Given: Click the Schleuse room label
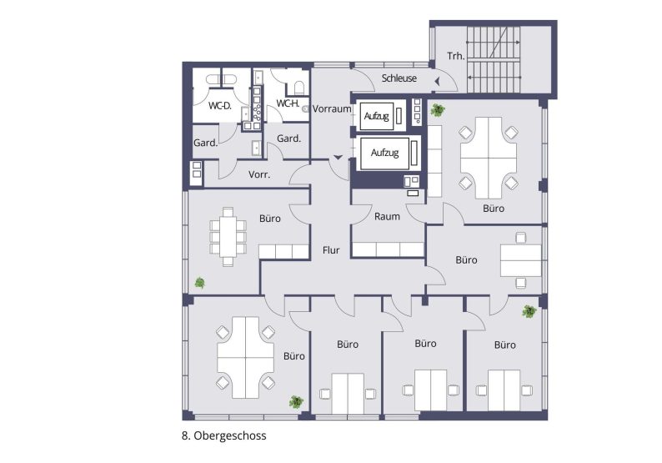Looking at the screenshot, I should (399, 78).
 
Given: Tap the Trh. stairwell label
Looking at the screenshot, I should (455, 57).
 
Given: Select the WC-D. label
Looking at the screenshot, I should (219, 106).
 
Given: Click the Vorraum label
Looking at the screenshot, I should (333, 109).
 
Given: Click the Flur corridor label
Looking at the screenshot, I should (330, 249).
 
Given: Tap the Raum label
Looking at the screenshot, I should (387, 216).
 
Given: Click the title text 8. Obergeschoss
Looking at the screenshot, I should (223, 435).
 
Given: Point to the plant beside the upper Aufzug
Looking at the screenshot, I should (436, 109).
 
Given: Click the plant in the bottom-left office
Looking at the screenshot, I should (295, 401).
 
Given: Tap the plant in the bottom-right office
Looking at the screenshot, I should (529, 312).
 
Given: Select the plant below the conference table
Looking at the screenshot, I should (200, 283).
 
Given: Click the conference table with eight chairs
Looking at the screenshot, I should (228, 236).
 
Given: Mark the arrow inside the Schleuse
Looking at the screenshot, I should (436, 79).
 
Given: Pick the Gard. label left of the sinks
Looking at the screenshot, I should (205, 143).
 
